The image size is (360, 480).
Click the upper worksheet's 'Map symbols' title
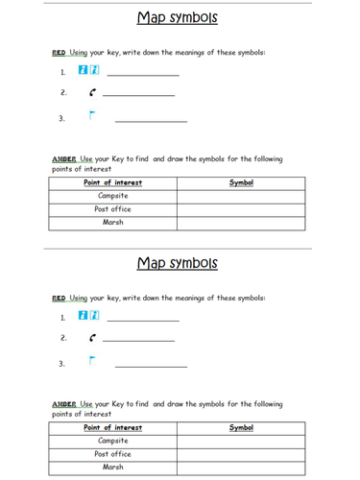[178, 17]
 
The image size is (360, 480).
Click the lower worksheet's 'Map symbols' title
[178, 262]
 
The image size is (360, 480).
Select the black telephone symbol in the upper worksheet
[91, 93]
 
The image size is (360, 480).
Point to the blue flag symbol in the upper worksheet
[92, 116]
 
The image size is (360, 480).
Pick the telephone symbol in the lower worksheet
[91, 338]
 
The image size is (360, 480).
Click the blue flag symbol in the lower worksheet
[92, 361]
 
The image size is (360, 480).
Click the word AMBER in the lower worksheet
[64, 404]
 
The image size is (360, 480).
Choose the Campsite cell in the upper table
[113, 196]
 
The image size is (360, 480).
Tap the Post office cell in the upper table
[113, 208]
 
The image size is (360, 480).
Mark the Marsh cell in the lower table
[113, 467]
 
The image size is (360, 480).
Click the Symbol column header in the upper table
[241, 182]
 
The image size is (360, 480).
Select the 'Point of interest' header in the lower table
[113, 427]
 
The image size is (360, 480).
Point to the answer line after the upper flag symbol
[151, 121]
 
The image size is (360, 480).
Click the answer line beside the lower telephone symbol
[138, 340]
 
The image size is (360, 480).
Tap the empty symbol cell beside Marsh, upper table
[241, 222]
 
